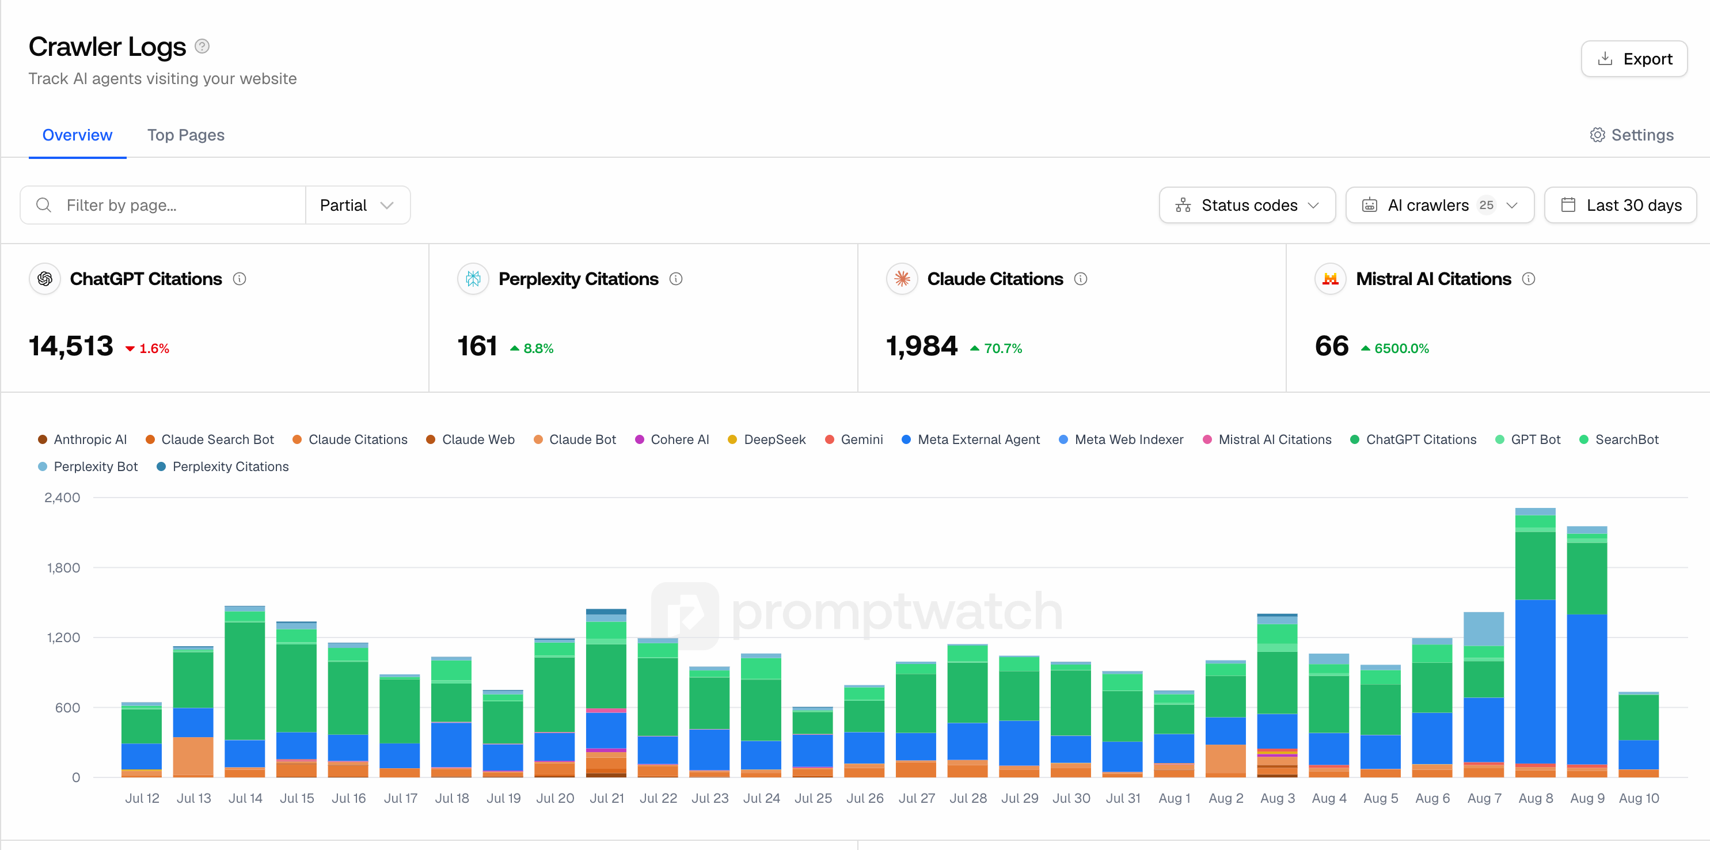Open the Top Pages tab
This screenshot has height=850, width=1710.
[186, 135]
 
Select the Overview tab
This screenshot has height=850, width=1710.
[77, 135]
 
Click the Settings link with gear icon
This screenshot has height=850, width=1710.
[1632, 135]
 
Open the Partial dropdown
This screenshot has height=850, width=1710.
[357, 205]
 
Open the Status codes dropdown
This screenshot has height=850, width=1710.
[1247, 205]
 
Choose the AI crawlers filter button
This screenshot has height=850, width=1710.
[1439, 205]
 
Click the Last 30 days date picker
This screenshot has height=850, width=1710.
[1620, 205]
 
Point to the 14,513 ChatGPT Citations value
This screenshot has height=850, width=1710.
[71, 346]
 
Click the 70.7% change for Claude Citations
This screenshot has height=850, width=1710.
[995, 348]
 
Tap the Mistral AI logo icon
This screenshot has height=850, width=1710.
[1331, 279]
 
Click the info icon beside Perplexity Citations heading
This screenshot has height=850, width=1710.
[676, 279]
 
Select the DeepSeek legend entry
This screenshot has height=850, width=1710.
[767, 439]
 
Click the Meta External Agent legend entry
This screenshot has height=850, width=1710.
[971, 439]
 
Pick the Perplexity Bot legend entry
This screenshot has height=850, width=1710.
[88, 467]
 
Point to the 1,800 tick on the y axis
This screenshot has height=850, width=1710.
[63, 568]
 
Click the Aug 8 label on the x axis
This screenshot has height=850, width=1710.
[1536, 798]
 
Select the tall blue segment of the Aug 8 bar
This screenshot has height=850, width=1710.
[1536, 682]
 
